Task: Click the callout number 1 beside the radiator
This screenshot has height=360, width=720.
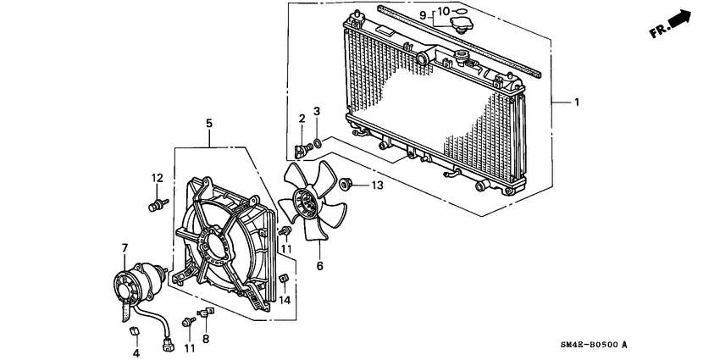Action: (577, 103)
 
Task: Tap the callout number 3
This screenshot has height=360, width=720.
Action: (317, 111)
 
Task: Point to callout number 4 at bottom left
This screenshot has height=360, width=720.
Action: (136, 352)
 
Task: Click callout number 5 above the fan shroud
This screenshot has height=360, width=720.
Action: (208, 124)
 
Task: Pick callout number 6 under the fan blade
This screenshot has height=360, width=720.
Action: (319, 265)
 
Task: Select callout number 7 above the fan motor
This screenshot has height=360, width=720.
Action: (125, 248)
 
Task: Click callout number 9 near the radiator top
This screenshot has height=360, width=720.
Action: (423, 14)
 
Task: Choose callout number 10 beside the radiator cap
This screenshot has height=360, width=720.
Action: (443, 12)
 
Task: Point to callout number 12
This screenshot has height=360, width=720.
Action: (157, 178)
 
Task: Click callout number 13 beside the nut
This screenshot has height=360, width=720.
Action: (377, 185)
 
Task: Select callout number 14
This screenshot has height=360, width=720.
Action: (285, 300)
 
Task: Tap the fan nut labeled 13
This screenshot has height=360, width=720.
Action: (346, 183)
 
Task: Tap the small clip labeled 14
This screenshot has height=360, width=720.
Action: (285, 280)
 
